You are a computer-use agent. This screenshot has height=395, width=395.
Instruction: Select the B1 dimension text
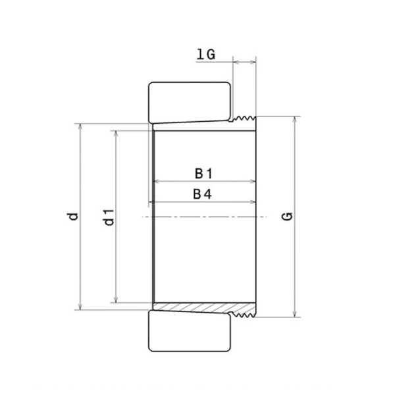click(x=203, y=174)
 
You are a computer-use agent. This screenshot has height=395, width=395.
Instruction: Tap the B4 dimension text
click(x=203, y=194)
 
